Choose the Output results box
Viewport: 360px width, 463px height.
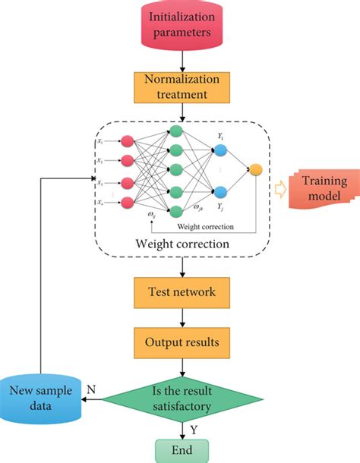(182, 342)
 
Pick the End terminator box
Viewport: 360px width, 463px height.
(182, 449)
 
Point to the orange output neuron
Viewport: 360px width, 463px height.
(255, 169)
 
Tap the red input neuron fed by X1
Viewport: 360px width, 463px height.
(128, 140)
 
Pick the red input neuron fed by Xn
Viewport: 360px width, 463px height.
(128, 201)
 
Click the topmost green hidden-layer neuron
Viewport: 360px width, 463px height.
(176, 131)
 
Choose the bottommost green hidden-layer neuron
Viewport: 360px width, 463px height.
(176, 211)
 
